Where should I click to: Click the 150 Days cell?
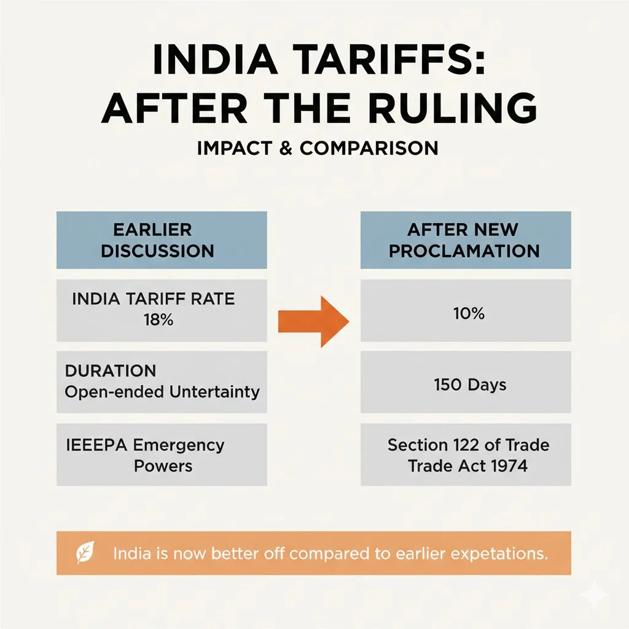(x=470, y=385)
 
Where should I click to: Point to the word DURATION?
(x=111, y=371)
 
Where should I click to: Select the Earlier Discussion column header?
(x=162, y=240)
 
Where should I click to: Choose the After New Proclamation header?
(x=465, y=240)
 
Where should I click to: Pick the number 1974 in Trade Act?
(x=504, y=466)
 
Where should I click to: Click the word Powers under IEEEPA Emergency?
(x=163, y=466)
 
